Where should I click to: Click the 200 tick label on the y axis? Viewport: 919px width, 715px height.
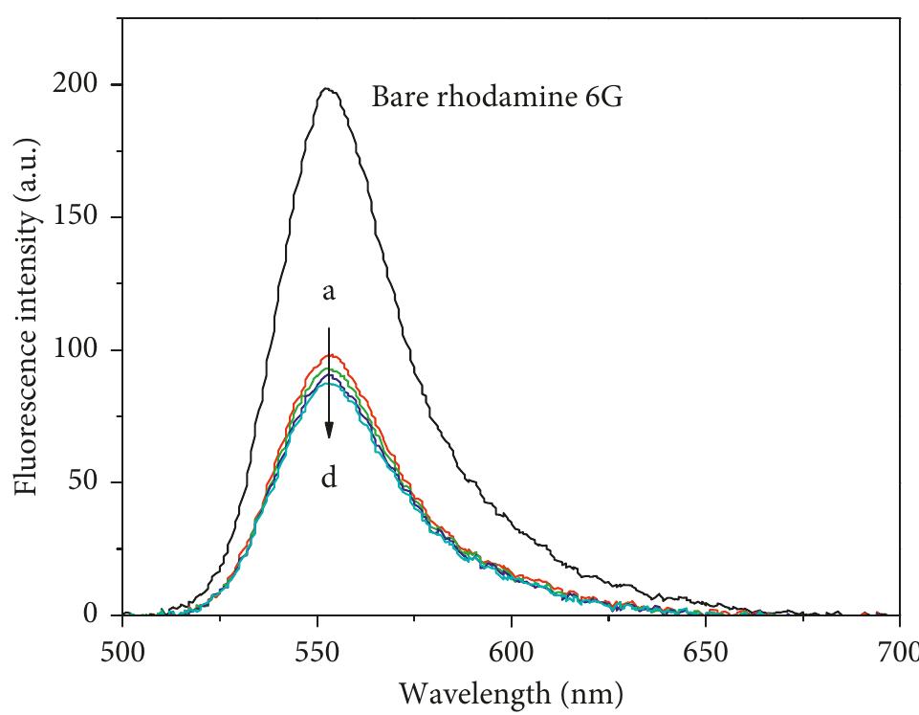(77, 85)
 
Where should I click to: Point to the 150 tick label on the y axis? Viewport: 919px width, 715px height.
(77, 217)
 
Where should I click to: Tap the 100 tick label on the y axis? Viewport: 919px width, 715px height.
(77, 350)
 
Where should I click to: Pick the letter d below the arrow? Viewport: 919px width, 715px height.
(329, 476)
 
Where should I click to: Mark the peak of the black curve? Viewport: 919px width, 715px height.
(327, 89)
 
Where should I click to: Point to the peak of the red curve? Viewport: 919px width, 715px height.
(336, 355)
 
